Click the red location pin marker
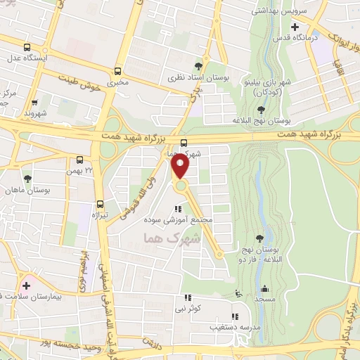coord(180,166)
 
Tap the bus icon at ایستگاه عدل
coord(27,47)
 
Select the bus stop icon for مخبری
coord(117,70)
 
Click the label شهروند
coord(34,112)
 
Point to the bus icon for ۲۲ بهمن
coord(79,160)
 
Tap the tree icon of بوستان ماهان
coord(27,179)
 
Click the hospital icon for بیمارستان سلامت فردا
coord(27,285)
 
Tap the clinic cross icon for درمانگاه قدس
coord(295,26)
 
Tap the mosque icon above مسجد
coord(264,288)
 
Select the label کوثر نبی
coord(187,309)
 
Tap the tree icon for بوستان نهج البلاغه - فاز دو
coord(260,238)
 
